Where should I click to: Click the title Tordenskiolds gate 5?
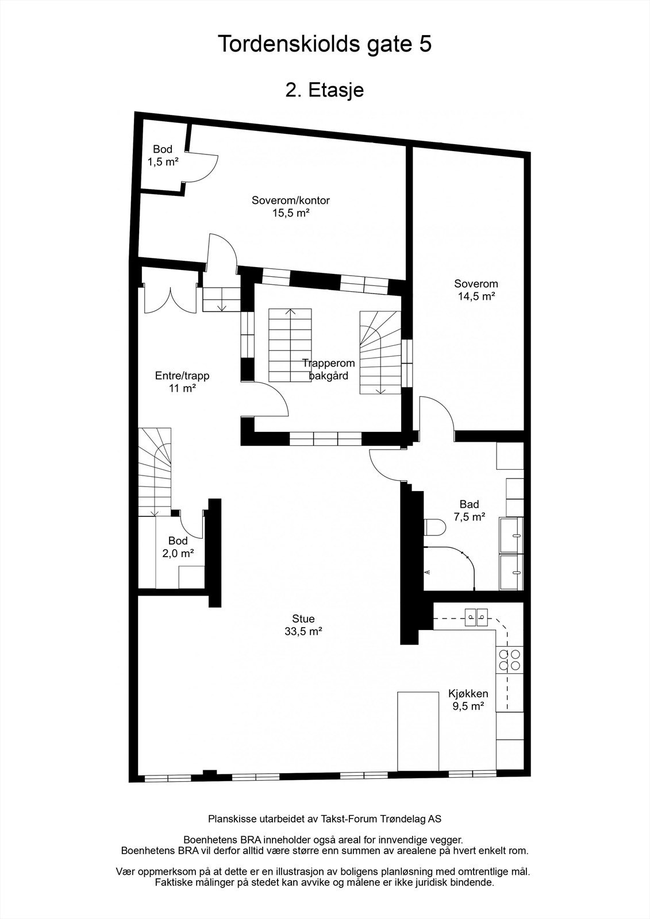click(x=325, y=44)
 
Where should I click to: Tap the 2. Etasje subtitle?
click(x=325, y=90)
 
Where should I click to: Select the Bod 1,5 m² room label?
click(x=163, y=156)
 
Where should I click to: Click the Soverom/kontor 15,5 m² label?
click(x=291, y=207)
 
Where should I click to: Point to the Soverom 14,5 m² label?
click(x=476, y=290)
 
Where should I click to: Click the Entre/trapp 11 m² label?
click(x=182, y=382)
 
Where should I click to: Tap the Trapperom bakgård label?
click(x=329, y=369)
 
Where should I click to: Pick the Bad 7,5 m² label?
click(x=468, y=511)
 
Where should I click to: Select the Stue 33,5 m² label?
click(x=303, y=625)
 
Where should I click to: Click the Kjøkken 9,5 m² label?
click(x=468, y=700)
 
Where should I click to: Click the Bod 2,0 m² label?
click(x=178, y=547)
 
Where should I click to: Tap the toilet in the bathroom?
click(x=435, y=527)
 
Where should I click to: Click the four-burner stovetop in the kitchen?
click(x=510, y=659)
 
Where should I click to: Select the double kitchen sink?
click(x=476, y=618)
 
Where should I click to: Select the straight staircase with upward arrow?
click(x=291, y=345)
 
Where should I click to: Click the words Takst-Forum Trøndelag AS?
click(x=373, y=818)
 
